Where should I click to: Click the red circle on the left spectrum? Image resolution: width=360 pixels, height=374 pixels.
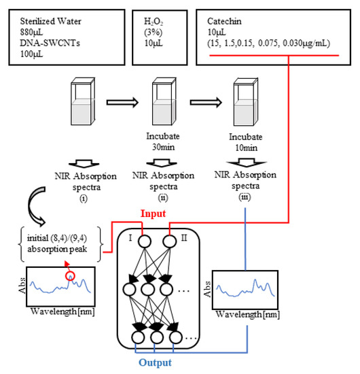tap(69, 275)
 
